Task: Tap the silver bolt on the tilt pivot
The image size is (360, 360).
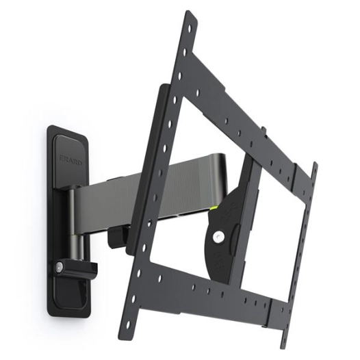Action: (219, 237)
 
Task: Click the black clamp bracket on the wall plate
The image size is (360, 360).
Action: (77, 263)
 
